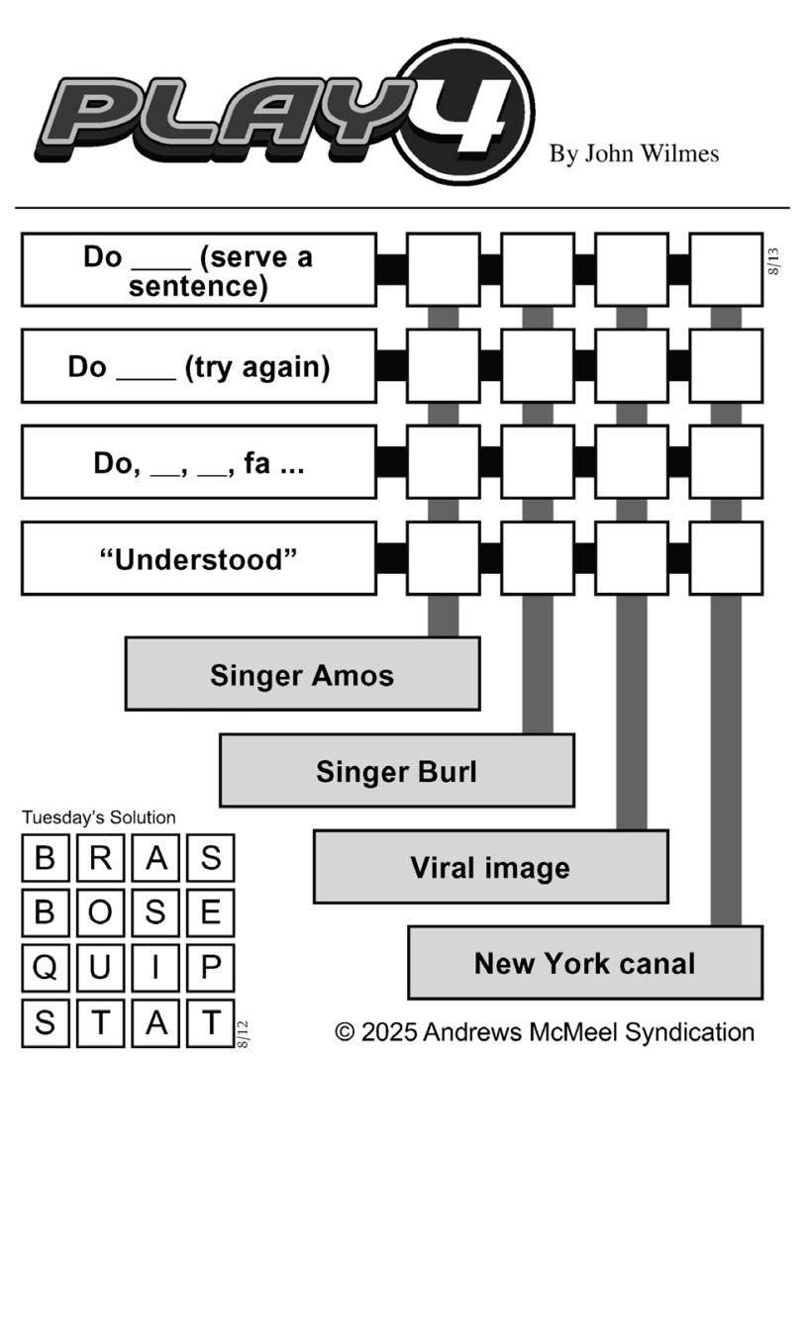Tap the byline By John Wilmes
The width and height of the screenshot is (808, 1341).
click(x=634, y=153)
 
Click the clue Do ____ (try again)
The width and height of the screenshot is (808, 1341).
click(x=199, y=366)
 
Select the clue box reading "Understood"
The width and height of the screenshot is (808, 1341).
click(x=199, y=558)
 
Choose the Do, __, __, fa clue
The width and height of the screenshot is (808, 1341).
click(x=199, y=462)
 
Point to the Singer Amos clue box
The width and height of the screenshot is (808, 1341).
click(x=302, y=674)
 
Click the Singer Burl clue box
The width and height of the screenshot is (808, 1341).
click(x=397, y=771)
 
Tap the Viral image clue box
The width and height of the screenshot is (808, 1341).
click(x=491, y=867)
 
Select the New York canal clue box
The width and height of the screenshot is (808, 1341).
click(x=585, y=963)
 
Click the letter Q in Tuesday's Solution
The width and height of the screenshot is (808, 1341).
click(x=45, y=968)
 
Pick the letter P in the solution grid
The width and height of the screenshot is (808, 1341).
click(x=211, y=968)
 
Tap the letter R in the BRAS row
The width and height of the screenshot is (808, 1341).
click(x=100, y=858)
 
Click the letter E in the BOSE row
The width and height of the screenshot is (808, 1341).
click(x=211, y=912)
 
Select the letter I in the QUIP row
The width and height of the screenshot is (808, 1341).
click(x=155, y=968)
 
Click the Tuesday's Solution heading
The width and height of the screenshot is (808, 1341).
click(x=99, y=817)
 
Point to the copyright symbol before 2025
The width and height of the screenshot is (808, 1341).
click(x=345, y=1032)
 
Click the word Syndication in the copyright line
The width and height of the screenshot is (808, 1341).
click(x=689, y=1032)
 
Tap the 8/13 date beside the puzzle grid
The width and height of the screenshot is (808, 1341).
click(x=774, y=261)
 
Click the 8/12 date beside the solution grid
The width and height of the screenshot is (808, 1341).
click(x=243, y=1034)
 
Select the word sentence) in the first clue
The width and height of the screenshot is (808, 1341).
click(x=198, y=286)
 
